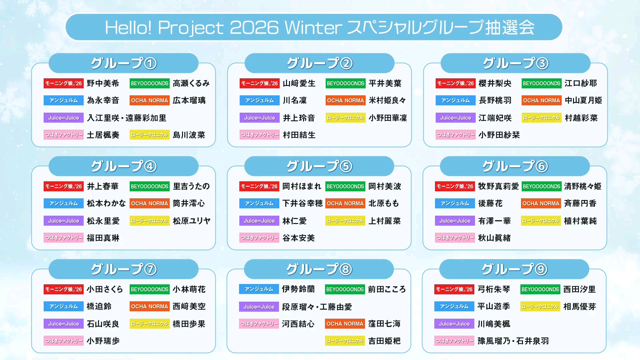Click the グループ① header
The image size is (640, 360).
(x=124, y=63)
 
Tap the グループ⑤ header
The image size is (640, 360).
(x=319, y=166)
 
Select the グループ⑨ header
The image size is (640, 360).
(x=514, y=269)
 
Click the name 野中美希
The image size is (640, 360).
(x=103, y=83)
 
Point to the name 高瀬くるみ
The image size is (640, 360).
(x=191, y=83)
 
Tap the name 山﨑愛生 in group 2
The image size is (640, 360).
(x=299, y=83)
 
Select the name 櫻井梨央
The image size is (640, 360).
(x=495, y=83)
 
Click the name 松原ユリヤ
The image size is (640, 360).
(x=192, y=221)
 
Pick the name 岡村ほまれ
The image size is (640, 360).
(x=302, y=186)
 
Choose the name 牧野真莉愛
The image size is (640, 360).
(x=498, y=186)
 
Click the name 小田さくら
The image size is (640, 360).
(x=105, y=289)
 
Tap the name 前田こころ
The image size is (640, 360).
(x=387, y=289)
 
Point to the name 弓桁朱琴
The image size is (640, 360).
(x=494, y=289)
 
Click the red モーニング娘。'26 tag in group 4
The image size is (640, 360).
(x=64, y=186)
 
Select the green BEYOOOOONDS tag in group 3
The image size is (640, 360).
(x=542, y=83)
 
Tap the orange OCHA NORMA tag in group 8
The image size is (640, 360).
(x=345, y=324)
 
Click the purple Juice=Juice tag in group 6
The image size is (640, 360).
(x=455, y=221)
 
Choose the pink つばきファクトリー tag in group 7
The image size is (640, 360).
(x=64, y=341)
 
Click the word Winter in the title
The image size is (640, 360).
(x=313, y=27)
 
